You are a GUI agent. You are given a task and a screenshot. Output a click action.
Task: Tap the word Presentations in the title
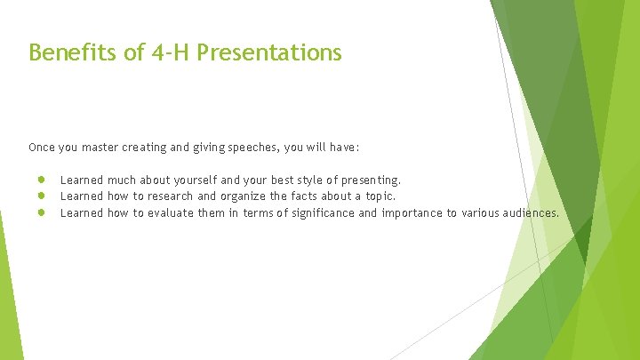pyautogui.click(x=269, y=53)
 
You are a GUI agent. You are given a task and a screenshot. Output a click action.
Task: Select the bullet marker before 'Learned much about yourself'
pyautogui.click(x=42, y=180)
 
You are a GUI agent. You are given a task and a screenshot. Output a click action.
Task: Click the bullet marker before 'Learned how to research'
pyautogui.click(x=42, y=196)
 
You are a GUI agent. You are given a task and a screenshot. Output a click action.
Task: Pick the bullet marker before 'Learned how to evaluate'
pyautogui.click(x=42, y=212)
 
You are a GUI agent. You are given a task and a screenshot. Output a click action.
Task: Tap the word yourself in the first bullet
pyautogui.click(x=182, y=180)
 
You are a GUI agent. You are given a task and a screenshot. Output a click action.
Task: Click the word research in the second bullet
pyautogui.click(x=170, y=196)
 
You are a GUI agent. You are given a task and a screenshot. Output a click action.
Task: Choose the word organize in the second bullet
pyautogui.click(x=243, y=196)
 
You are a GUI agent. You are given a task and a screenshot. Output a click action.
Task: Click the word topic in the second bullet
pyautogui.click(x=378, y=196)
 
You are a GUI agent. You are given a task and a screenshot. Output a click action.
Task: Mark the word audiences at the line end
pyautogui.click(x=532, y=212)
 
